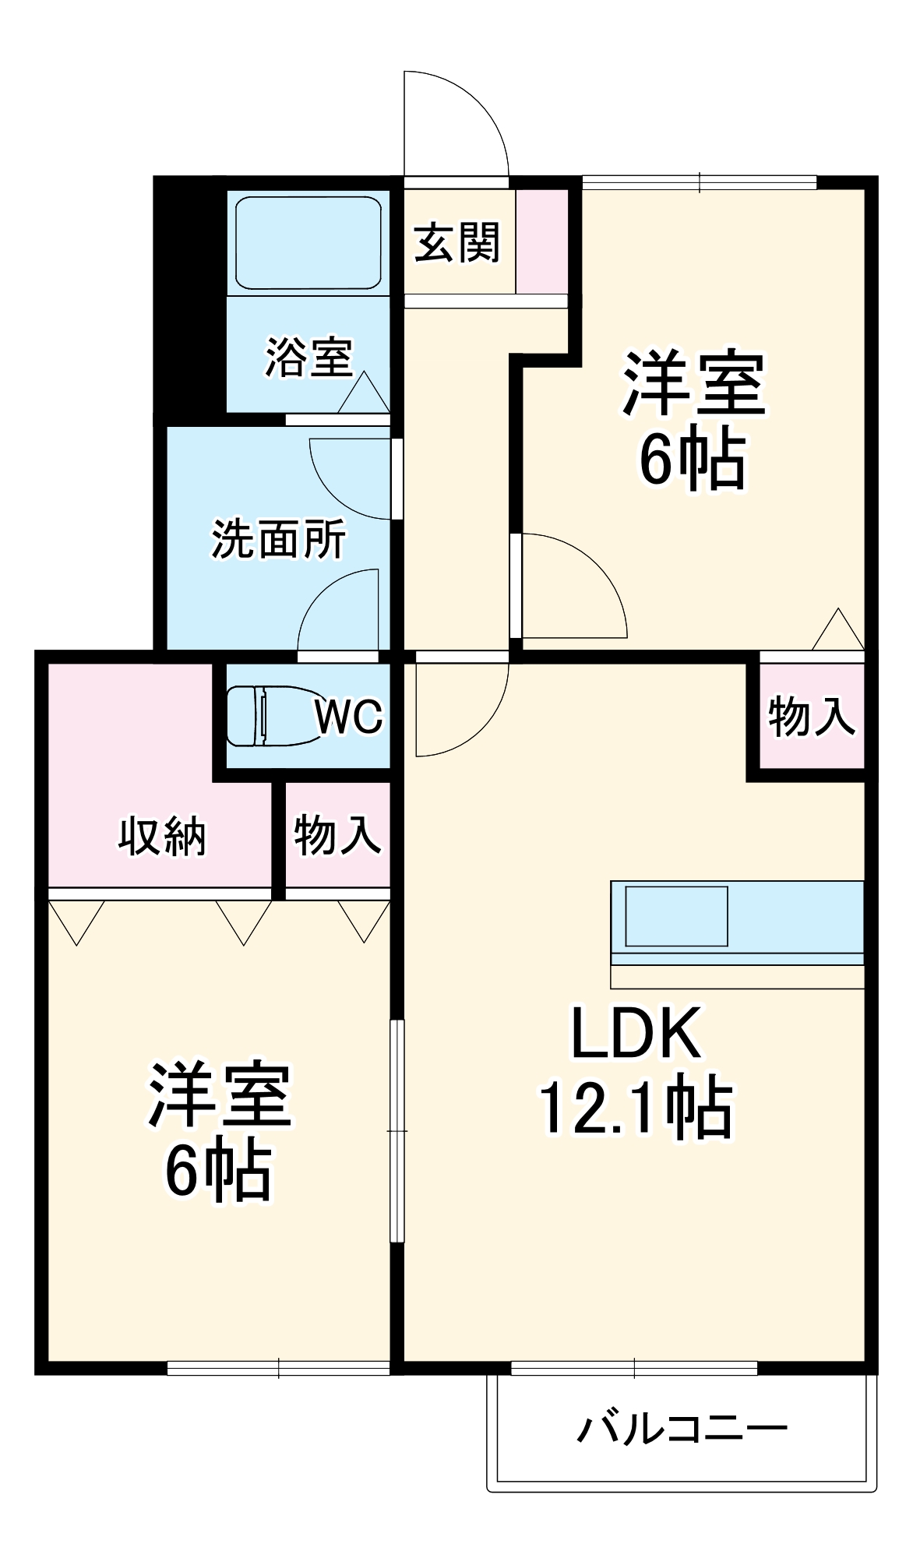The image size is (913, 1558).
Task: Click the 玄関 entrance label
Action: pyautogui.click(x=456, y=243)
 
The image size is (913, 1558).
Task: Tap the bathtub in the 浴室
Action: pyautogui.click(x=308, y=243)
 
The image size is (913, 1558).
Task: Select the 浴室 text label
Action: pyautogui.click(x=309, y=358)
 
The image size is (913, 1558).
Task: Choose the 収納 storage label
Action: pyautogui.click(x=162, y=837)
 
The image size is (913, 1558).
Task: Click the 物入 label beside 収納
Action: pyautogui.click(x=337, y=834)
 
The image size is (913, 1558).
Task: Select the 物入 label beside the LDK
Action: pyautogui.click(x=811, y=717)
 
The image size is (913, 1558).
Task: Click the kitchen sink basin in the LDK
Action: pyautogui.click(x=676, y=916)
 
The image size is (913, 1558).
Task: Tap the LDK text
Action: pyautogui.click(x=636, y=1033)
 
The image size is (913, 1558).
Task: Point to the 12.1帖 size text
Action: pyautogui.click(x=636, y=1107)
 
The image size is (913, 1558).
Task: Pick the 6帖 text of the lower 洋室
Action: pyautogui.click(x=218, y=1170)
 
